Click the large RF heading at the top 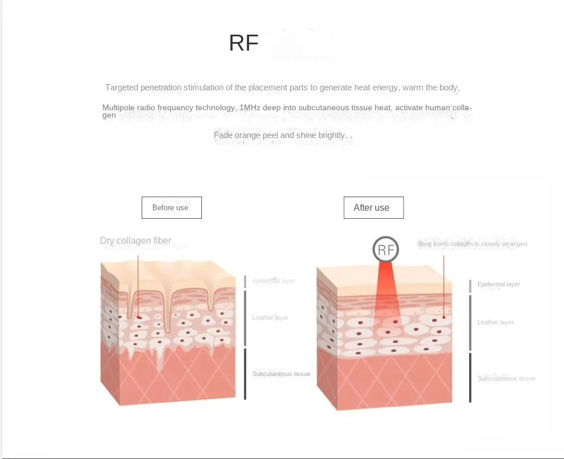click(x=243, y=43)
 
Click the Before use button click(x=171, y=207)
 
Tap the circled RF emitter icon click(x=385, y=249)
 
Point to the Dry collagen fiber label click(x=135, y=240)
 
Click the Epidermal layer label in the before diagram click(x=273, y=281)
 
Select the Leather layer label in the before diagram click(x=271, y=318)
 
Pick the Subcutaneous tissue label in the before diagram click(x=281, y=374)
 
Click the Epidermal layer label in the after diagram click(x=499, y=284)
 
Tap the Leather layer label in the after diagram click(x=496, y=322)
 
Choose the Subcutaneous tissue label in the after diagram click(x=507, y=378)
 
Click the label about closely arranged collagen click(x=472, y=244)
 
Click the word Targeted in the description click(x=122, y=87)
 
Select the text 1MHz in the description click(x=250, y=107)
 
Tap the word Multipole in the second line click(x=118, y=107)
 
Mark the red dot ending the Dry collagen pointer click(x=138, y=317)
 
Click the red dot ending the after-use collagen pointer click(x=443, y=316)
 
